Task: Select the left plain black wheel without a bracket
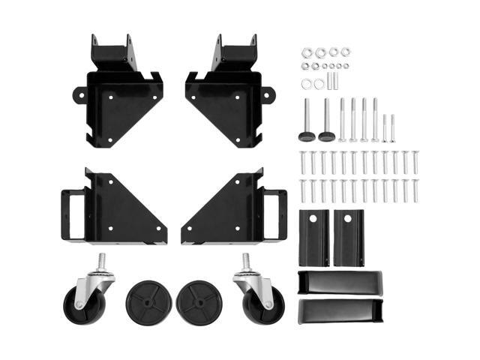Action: pyautogui.click(x=148, y=301)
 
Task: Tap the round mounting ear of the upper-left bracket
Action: pyautogui.click(x=79, y=95)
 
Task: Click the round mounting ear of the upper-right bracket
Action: pyautogui.click(x=268, y=95)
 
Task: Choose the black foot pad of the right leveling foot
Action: pyautogui.click(x=327, y=136)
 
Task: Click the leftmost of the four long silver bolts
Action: pyautogui.click(x=342, y=120)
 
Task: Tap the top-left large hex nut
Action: pyautogui.click(x=307, y=53)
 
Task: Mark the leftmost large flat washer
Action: pyautogui.click(x=307, y=84)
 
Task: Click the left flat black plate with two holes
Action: pyautogui.click(x=314, y=236)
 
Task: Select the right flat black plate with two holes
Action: pyautogui.click(x=349, y=236)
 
